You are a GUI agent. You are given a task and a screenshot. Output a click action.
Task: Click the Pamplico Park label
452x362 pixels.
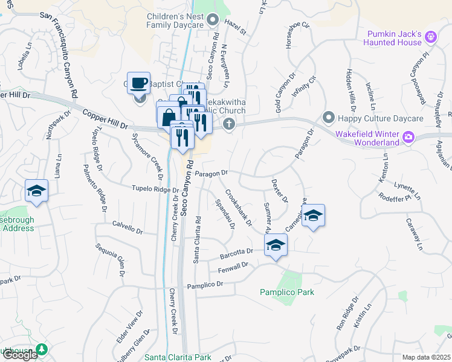tap(287, 292)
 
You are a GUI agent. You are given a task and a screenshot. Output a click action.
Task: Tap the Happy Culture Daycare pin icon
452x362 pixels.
tap(328, 116)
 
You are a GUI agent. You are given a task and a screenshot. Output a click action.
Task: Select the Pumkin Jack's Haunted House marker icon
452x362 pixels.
tap(430, 37)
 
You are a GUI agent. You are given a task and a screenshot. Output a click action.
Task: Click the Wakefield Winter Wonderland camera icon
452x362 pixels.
tap(408, 137)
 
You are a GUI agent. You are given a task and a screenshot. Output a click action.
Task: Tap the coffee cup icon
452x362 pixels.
tap(140, 82)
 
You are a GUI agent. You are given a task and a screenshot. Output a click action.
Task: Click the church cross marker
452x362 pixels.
tap(228, 124)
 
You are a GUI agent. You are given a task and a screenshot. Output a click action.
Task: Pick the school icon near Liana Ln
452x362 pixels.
tap(36, 191)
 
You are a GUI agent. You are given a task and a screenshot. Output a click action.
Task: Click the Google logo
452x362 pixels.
tap(20, 355)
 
